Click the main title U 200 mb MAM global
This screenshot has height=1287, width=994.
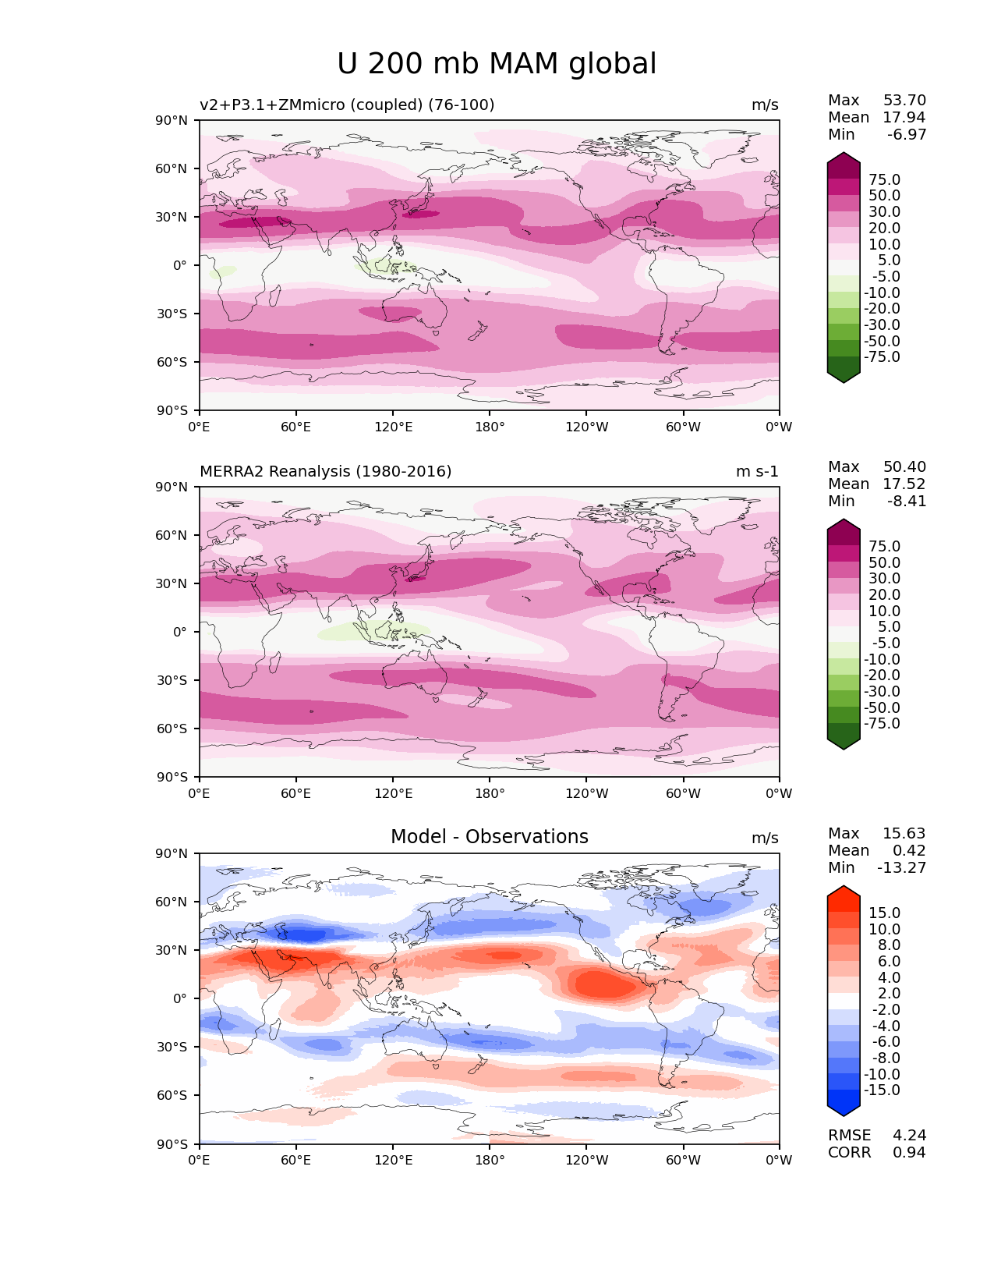click(497, 64)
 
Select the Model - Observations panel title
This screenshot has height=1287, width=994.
click(489, 837)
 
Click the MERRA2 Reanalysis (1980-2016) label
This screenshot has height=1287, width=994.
click(325, 472)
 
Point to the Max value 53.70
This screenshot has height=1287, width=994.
click(904, 101)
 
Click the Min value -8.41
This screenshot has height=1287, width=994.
click(907, 502)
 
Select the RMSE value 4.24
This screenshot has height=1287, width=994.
click(909, 1136)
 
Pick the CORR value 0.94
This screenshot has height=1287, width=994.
click(909, 1153)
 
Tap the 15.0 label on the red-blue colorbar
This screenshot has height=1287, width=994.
click(884, 913)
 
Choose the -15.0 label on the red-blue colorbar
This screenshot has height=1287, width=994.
click(882, 1090)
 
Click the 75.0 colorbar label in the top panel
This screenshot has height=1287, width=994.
click(884, 180)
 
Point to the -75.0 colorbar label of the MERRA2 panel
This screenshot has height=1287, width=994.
click(882, 724)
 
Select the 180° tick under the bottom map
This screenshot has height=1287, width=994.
click(490, 1161)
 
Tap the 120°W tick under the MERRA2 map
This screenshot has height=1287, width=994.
click(587, 794)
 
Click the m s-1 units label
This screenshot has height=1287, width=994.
click(757, 472)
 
